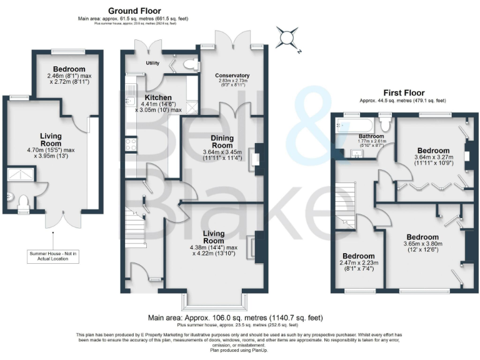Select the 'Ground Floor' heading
click(134, 11)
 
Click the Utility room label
click(153, 63)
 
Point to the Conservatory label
click(232, 76)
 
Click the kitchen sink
click(130, 98)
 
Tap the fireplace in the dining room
click(255, 158)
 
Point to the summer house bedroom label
click(69, 69)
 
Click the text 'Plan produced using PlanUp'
click(240, 352)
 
